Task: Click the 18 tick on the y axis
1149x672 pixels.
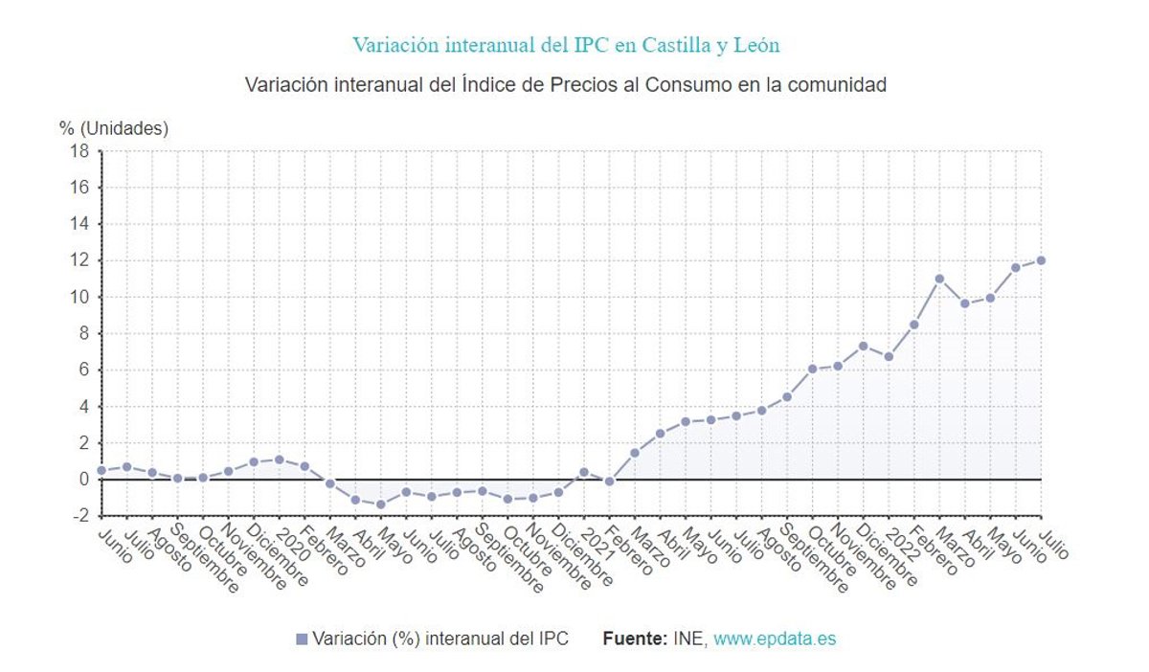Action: click(x=80, y=151)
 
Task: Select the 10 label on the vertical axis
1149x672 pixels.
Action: click(x=80, y=297)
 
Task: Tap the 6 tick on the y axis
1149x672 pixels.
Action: click(x=83, y=370)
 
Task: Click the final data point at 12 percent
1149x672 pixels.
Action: click(x=1041, y=260)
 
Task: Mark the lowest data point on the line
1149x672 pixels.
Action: click(x=380, y=504)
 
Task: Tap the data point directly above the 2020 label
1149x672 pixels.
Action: click(x=279, y=459)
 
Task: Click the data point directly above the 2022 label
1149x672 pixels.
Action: click(x=889, y=356)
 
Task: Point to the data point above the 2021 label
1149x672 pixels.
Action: click(x=584, y=472)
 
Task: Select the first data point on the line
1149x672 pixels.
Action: click(x=101, y=470)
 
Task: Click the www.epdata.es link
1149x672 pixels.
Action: click(x=775, y=638)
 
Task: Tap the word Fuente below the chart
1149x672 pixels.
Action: click(x=634, y=638)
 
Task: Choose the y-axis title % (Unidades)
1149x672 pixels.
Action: click(x=114, y=128)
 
